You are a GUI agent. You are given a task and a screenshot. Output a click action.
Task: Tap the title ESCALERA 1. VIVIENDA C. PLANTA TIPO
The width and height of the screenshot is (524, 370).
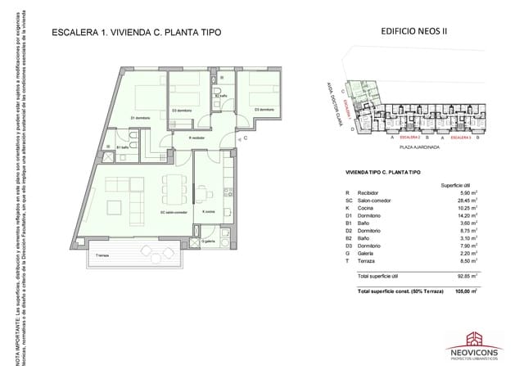tap(136, 33)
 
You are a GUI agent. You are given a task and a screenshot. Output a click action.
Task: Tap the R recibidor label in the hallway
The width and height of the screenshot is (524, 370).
tap(196, 138)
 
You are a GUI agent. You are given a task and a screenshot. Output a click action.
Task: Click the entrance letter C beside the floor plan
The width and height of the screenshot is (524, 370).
tap(245, 139)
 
